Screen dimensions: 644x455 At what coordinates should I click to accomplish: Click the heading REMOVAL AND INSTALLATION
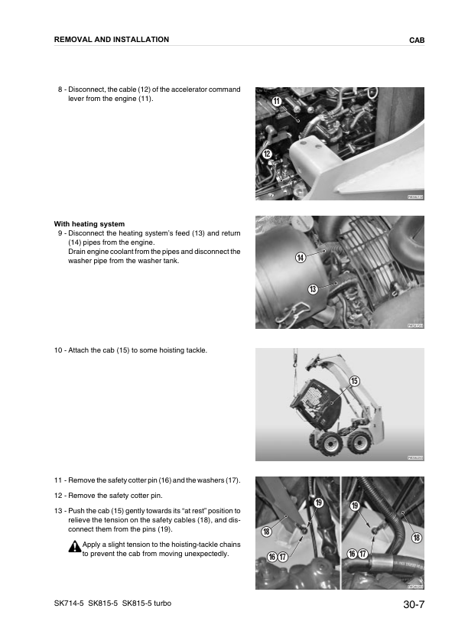click(112, 39)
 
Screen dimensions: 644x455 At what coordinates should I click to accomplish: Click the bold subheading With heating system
click(89, 224)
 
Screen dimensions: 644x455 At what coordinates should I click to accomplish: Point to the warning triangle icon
click(74, 546)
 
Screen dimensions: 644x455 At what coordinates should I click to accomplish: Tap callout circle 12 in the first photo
click(267, 154)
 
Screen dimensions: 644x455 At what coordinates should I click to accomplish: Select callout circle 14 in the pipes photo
click(301, 258)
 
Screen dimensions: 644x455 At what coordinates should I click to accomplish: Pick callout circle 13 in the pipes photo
click(313, 288)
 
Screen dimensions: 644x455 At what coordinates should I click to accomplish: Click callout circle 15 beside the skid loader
click(354, 381)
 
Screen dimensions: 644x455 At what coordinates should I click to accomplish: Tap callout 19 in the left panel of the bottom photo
click(319, 502)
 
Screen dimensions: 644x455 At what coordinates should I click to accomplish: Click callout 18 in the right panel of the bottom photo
click(417, 538)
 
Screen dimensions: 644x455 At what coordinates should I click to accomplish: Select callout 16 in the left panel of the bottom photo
click(271, 556)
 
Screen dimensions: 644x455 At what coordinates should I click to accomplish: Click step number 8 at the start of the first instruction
click(60, 89)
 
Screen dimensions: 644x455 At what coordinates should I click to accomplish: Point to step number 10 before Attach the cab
click(59, 350)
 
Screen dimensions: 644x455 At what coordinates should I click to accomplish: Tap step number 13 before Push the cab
click(59, 510)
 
